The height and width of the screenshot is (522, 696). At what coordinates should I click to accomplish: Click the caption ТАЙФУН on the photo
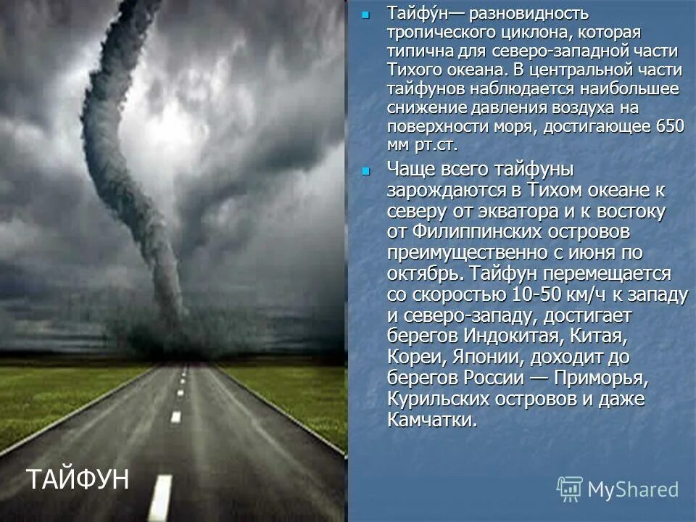[78, 478]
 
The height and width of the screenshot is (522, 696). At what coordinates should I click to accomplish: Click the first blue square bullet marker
[365, 14]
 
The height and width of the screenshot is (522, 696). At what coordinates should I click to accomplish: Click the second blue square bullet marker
[365, 171]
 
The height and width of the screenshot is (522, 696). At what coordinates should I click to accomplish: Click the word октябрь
[424, 275]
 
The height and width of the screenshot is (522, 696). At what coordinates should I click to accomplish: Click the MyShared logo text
[633, 489]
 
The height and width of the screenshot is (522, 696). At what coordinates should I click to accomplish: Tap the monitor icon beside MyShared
[570, 489]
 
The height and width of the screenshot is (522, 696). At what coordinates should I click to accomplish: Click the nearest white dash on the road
[160, 497]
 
